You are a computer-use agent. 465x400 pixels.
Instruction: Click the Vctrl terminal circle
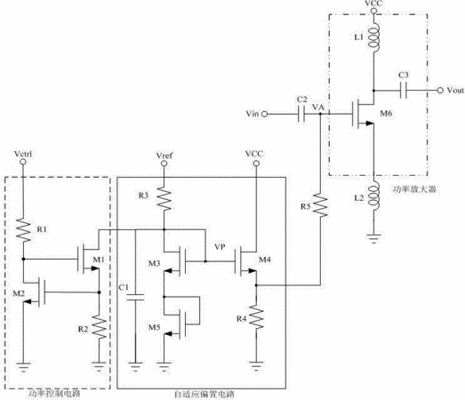click(23, 162)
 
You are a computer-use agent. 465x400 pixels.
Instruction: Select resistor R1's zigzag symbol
click(23, 230)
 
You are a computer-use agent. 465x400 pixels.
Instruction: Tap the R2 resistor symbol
click(100, 327)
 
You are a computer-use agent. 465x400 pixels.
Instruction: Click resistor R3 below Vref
click(164, 198)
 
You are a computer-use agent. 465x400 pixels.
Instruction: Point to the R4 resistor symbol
click(256, 316)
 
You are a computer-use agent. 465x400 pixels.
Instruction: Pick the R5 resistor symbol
click(320, 205)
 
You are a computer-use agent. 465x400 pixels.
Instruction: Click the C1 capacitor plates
click(135, 298)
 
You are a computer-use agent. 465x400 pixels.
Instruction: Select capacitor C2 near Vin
click(301, 114)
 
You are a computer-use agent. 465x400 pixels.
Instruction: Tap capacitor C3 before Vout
click(403, 90)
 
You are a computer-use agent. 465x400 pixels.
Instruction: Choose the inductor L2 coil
click(373, 196)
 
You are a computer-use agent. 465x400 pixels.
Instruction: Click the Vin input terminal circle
click(265, 114)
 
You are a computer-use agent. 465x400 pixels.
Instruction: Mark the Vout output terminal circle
click(440, 90)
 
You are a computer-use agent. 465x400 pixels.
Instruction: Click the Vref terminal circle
click(164, 164)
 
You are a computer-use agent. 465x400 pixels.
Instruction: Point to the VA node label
click(318, 107)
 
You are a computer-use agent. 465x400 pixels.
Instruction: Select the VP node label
click(220, 247)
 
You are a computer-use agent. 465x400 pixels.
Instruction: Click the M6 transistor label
click(386, 113)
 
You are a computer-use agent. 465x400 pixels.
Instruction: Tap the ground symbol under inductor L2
click(373, 238)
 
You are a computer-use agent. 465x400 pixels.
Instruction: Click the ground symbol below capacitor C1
click(135, 367)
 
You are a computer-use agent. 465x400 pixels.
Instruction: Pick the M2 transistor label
click(19, 293)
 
